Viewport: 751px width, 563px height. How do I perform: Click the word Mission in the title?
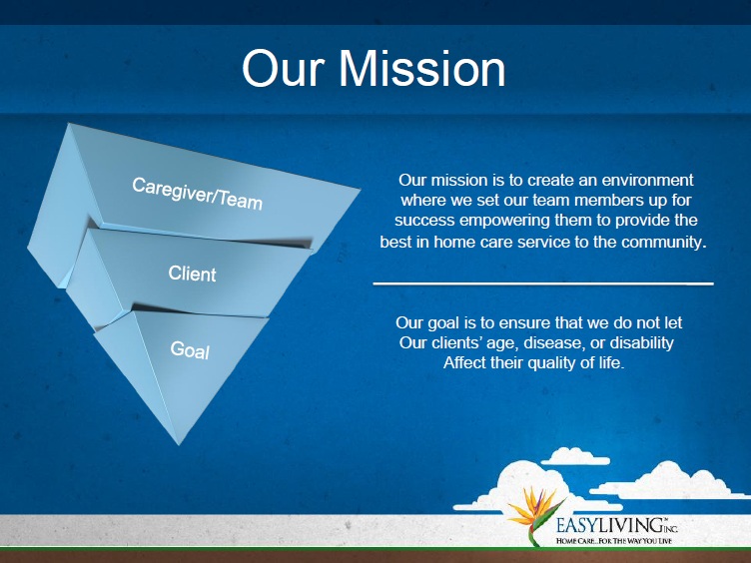(422, 69)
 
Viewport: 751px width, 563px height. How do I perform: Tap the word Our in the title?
(284, 69)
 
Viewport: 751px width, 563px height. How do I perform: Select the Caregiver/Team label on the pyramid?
(198, 194)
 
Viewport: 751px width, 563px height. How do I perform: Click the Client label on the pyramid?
(192, 274)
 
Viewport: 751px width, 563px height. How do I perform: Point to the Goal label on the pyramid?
(190, 350)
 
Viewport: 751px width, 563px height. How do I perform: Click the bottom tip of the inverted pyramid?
(179, 445)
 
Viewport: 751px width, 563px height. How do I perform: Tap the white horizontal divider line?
(543, 283)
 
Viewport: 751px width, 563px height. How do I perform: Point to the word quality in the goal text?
(561, 363)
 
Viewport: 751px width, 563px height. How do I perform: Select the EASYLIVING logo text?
(617, 525)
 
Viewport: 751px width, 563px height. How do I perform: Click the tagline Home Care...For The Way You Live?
(614, 541)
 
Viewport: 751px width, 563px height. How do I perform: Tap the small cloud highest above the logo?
(575, 456)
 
